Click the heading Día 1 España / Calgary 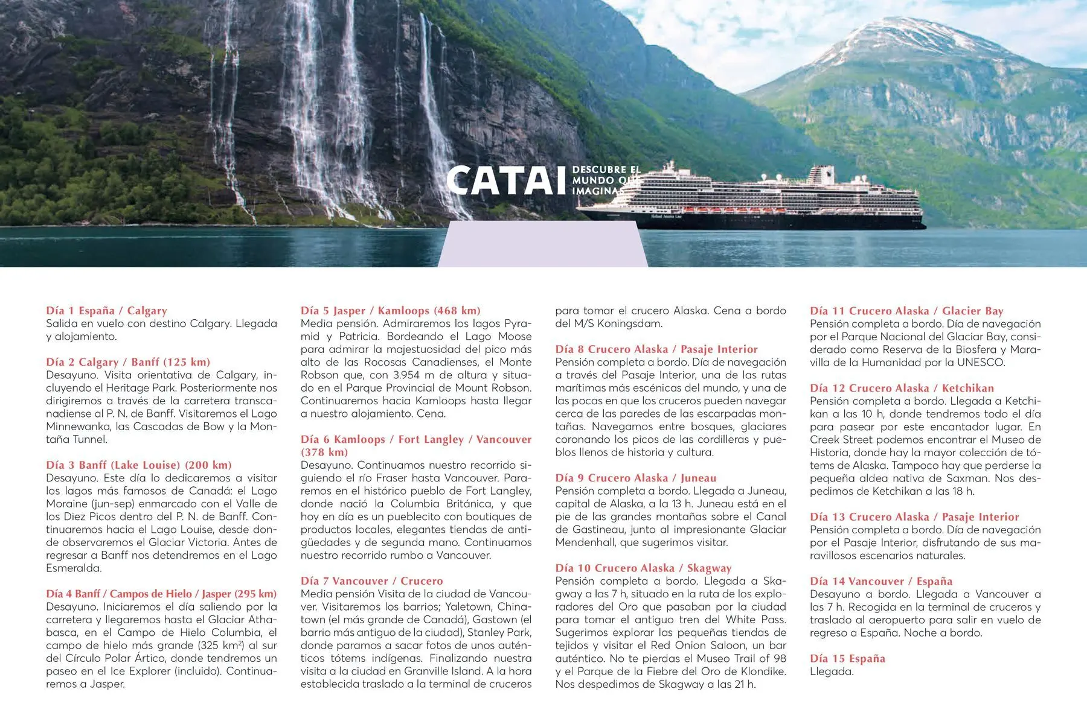pos(106,311)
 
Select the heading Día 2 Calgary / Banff pos(128,362)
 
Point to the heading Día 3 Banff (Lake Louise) pos(139,465)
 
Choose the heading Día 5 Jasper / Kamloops pos(390,311)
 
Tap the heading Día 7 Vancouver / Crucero pos(371,581)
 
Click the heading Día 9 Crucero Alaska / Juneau pos(635,478)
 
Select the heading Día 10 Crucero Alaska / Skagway pos(643,568)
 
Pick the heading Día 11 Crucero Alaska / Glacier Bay pos(906,311)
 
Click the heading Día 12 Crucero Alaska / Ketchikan pos(902,388)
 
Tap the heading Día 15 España pos(847,658)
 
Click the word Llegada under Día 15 pos(832,672)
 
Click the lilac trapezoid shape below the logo pos(542,244)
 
